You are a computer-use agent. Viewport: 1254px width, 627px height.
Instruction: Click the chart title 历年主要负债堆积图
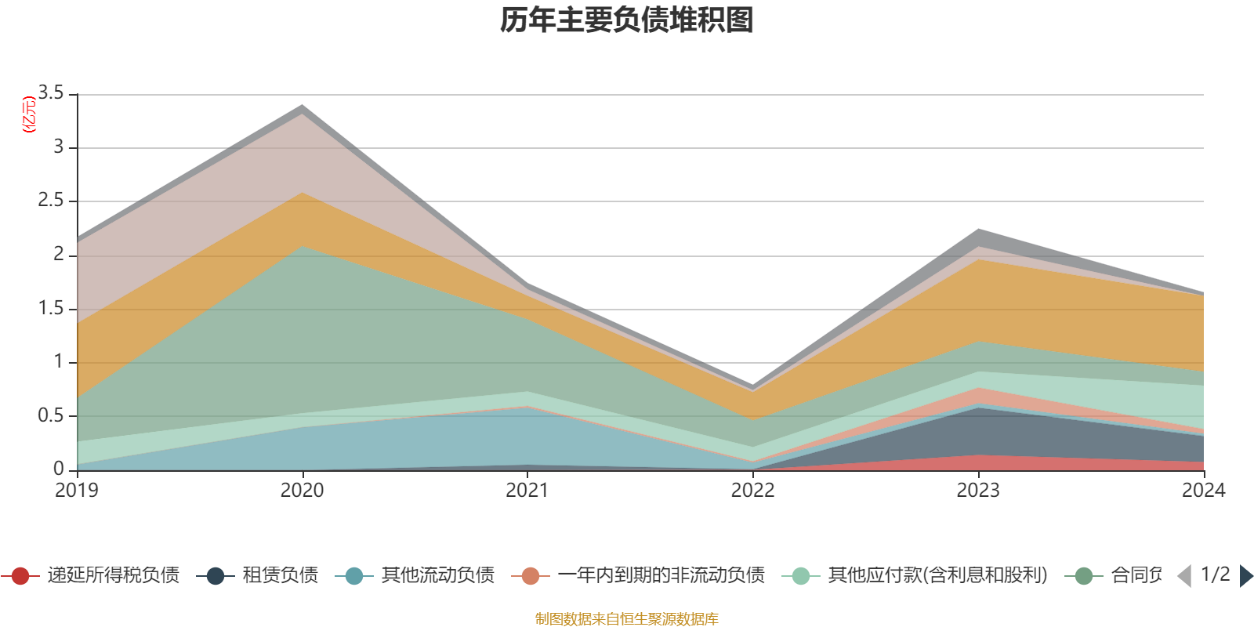tap(627, 20)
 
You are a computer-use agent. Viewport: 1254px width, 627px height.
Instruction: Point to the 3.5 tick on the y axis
tap(52, 93)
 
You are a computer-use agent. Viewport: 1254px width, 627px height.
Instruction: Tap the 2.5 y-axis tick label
tap(52, 201)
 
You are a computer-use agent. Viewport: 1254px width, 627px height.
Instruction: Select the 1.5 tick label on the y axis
tap(52, 308)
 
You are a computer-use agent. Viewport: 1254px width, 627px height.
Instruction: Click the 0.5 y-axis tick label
tap(52, 415)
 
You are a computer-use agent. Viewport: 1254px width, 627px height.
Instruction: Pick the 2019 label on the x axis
tap(77, 491)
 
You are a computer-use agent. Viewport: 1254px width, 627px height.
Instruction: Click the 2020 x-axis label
tap(302, 491)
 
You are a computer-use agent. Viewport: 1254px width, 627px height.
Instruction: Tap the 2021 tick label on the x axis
tap(527, 491)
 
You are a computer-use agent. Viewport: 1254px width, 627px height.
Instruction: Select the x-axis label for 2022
tap(752, 491)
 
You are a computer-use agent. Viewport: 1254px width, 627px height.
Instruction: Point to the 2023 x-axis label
tap(977, 491)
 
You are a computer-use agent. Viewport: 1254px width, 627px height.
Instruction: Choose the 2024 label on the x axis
tap(1202, 491)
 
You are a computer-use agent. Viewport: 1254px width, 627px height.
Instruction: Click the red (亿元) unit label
tap(30, 114)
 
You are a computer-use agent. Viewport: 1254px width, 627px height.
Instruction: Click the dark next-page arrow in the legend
tap(1246, 576)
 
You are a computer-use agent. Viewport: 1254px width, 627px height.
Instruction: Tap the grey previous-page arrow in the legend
tap(1184, 576)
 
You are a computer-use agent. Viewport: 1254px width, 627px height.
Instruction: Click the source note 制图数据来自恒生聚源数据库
tap(627, 619)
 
